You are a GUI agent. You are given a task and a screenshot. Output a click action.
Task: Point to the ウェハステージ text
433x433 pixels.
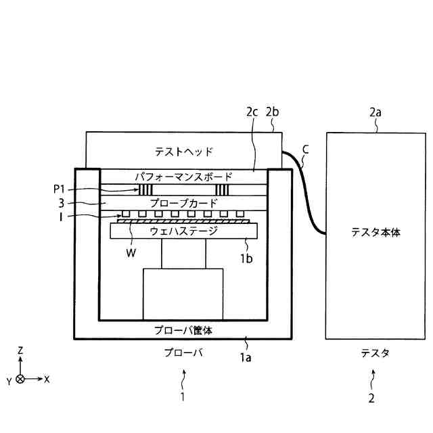click(183, 231)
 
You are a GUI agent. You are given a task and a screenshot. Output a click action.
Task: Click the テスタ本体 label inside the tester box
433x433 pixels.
click(375, 231)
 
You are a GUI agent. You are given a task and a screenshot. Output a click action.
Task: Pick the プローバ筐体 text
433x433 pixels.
click(183, 330)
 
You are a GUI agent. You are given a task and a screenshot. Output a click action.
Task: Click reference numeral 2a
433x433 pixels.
click(376, 113)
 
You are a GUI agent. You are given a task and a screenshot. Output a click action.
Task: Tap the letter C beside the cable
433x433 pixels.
click(306, 147)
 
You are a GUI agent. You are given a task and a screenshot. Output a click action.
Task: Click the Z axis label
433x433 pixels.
click(20, 350)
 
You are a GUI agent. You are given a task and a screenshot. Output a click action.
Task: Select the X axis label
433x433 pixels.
click(47, 380)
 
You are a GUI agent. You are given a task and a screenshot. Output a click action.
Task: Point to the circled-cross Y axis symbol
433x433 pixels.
click(20, 380)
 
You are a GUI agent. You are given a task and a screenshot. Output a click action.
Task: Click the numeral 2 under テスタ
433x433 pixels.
click(371, 398)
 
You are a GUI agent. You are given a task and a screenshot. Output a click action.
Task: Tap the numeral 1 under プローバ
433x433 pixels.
click(182, 397)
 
